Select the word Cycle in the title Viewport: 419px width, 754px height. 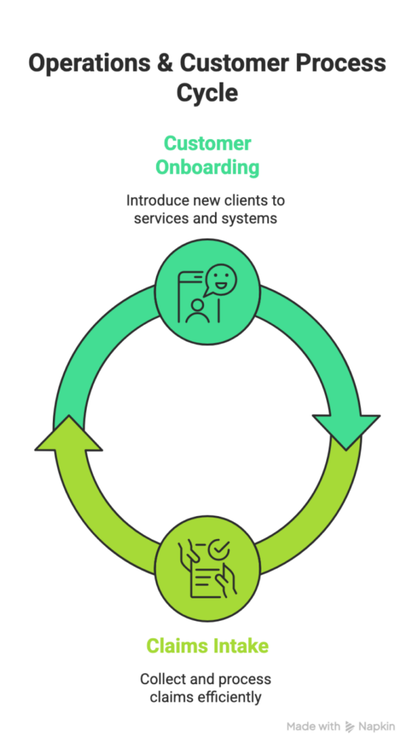[207, 93]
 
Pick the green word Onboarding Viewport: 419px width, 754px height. [207, 167]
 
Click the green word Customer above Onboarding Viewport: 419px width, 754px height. [207, 143]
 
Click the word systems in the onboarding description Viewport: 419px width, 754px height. [250, 219]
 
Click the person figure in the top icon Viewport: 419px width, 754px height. [196, 309]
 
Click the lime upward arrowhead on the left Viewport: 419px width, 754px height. [68, 434]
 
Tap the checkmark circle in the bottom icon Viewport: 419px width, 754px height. [219, 549]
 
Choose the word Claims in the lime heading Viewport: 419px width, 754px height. [174, 646]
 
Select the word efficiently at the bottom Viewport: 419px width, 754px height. [230, 696]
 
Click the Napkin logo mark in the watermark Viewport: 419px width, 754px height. [350, 727]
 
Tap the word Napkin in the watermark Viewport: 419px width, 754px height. [378, 727]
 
